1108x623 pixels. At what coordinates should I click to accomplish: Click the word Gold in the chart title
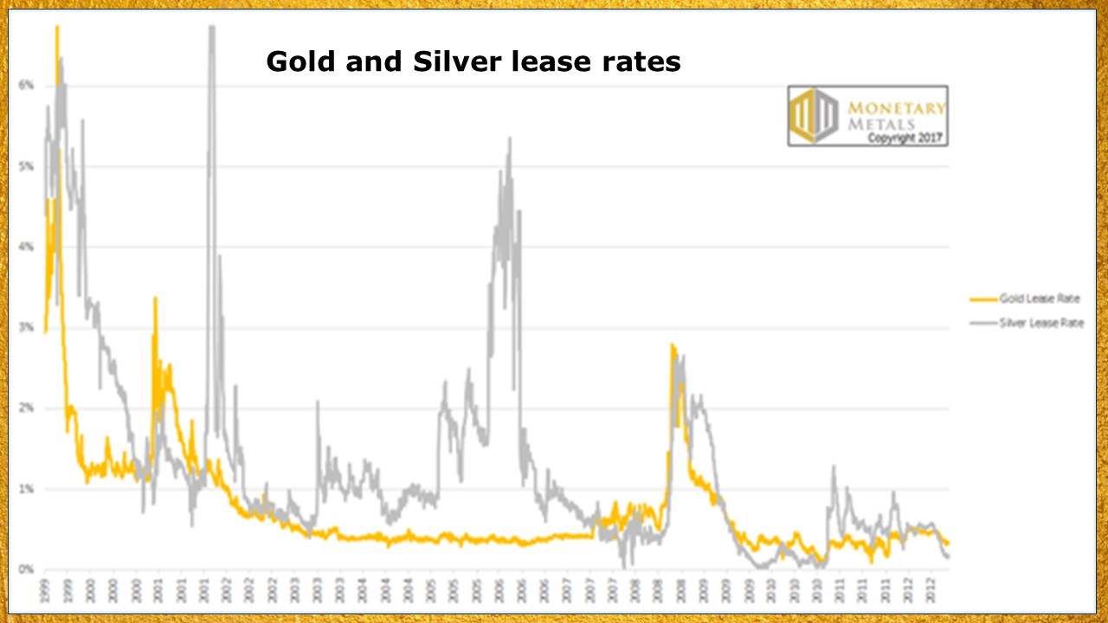pyautogui.click(x=300, y=61)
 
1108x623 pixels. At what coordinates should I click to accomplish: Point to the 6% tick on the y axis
pyautogui.click(x=26, y=85)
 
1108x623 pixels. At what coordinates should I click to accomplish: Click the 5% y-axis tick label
pyautogui.click(x=26, y=165)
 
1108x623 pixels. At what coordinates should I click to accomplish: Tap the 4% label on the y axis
pyautogui.click(x=26, y=247)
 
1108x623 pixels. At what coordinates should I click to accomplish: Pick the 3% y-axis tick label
pyautogui.click(x=26, y=327)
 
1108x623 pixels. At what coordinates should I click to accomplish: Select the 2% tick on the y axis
pyautogui.click(x=26, y=408)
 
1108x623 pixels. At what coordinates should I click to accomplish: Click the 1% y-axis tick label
pyautogui.click(x=26, y=489)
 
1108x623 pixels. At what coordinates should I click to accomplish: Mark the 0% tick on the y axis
pyautogui.click(x=26, y=569)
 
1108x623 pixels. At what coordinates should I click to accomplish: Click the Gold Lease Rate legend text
pyautogui.click(x=1040, y=299)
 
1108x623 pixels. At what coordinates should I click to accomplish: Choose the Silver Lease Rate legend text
pyautogui.click(x=1041, y=323)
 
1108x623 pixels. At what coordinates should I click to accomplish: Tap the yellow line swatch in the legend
pyautogui.click(x=982, y=299)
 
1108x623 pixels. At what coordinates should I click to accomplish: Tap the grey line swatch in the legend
pyautogui.click(x=982, y=323)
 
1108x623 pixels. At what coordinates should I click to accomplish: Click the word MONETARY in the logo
pyautogui.click(x=896, y=107)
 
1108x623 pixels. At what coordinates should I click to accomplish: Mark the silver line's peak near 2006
pyautogui.click(x=510, y=138)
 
